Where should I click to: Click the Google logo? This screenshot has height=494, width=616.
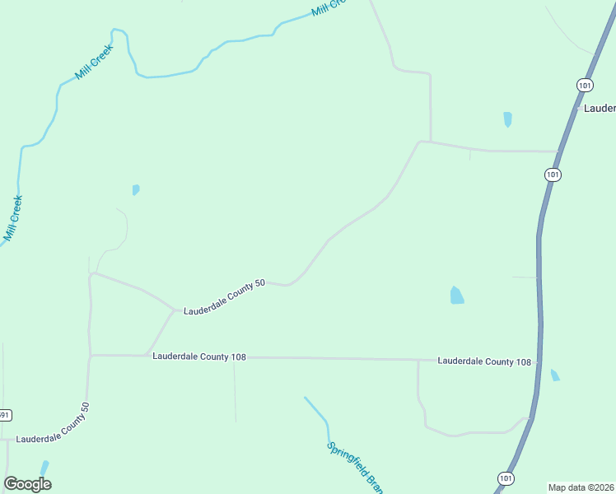point(27,484)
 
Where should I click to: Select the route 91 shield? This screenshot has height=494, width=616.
point(4,415)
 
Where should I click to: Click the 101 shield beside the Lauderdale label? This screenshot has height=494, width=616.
point(584,85)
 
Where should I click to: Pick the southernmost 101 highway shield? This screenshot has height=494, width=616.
point(506,478)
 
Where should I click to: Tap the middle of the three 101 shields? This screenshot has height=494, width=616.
point(553,175)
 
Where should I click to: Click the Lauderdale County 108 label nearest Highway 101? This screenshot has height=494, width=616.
point(484,361)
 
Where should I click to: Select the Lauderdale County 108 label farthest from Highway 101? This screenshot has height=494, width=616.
point(199,357)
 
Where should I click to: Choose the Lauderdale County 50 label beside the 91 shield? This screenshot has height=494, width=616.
point(52,427)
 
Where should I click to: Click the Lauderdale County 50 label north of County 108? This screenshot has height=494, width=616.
point(224,296)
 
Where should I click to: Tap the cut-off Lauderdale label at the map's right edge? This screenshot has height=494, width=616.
point(600,109)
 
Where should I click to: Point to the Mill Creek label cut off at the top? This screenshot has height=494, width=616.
point(328,7)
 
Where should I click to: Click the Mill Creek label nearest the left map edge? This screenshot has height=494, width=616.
point(12,218)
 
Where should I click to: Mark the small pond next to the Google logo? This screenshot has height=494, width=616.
point(44,468)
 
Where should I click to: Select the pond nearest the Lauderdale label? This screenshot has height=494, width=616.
point(507,119)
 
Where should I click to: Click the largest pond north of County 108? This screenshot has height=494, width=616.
point(456,295)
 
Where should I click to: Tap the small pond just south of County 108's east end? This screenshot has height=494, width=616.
point(555,375)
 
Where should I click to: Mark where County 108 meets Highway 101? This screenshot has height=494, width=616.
point(539,361)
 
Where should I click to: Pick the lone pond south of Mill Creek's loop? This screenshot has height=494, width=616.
point(136,189)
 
